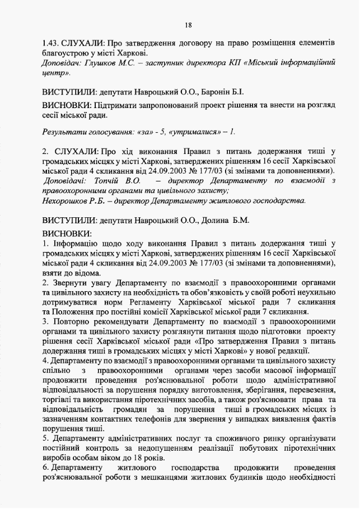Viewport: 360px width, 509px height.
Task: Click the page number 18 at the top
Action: pyautogui.click(x=188, y=25)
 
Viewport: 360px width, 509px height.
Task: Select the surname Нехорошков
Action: pyautogui.click(x=67, y=200)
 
